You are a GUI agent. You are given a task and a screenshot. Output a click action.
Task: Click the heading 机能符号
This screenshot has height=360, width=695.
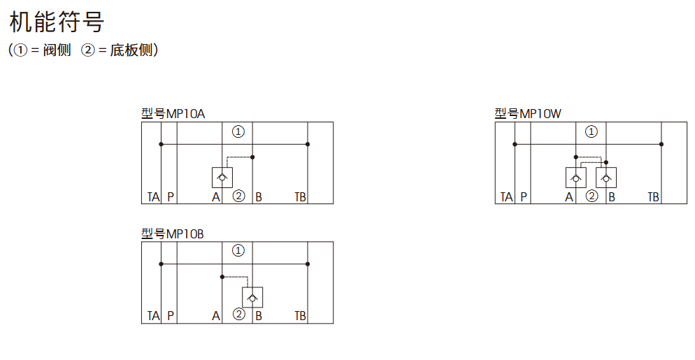pyautogui.click(x=57, y=22)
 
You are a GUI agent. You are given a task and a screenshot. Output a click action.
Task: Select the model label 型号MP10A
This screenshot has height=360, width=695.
pyautogui.click(x=173, y=114)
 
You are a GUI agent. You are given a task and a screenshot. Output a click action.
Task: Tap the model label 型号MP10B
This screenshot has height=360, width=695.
pyautogui.click(x=173, y=233)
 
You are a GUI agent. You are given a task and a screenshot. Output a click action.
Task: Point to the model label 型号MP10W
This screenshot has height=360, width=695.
pyautogui.click(x=528, y=114)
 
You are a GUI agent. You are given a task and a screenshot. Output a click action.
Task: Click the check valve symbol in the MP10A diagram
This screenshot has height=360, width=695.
pyautogui.click(x=222, y=178)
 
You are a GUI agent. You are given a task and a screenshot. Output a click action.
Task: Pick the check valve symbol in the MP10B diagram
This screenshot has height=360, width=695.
pyautogui.click(x=252, y=297)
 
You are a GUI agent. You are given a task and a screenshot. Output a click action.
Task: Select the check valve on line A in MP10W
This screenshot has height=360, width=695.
pyautogui.click(x=575, y=178)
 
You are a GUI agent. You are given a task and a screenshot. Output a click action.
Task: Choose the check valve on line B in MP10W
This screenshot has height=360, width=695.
pyautogui.click(x=606, y=178)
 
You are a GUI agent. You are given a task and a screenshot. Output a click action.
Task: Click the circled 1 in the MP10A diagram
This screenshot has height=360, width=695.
pyautogui.click(x=238, y=131)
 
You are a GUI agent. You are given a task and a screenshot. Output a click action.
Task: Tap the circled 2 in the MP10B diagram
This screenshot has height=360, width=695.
pyautogui.click(x=238, y=315)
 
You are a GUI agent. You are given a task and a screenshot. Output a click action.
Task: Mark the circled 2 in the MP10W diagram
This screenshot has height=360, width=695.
pyautogui.click(x=592, y=196)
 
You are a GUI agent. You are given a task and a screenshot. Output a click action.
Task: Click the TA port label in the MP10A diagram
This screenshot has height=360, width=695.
pyautogui.click(x=153, y=197)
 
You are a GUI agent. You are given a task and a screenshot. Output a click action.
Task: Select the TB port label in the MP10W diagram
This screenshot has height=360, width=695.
pyautogui.click(x=653, y=197)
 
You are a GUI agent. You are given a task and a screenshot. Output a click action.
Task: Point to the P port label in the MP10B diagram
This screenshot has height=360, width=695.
pyautogui.click(x=171, y=316)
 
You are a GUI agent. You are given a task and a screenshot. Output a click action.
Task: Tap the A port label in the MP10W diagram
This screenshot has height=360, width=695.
pyautogui.click(x=569, y=197)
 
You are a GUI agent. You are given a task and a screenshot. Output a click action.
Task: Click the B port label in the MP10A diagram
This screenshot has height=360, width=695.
pyautogui.click(x=259, y=197)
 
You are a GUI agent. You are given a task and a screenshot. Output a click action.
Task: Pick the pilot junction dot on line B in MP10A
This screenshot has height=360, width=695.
pyautogui.click(x=252, y=157)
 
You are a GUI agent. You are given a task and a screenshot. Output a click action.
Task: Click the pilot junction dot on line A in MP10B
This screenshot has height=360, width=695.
pyautogui.click(x=222, y=277)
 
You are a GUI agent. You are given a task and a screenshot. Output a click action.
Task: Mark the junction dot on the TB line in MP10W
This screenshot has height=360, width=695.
pyautogui.click(x=661, y=144)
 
